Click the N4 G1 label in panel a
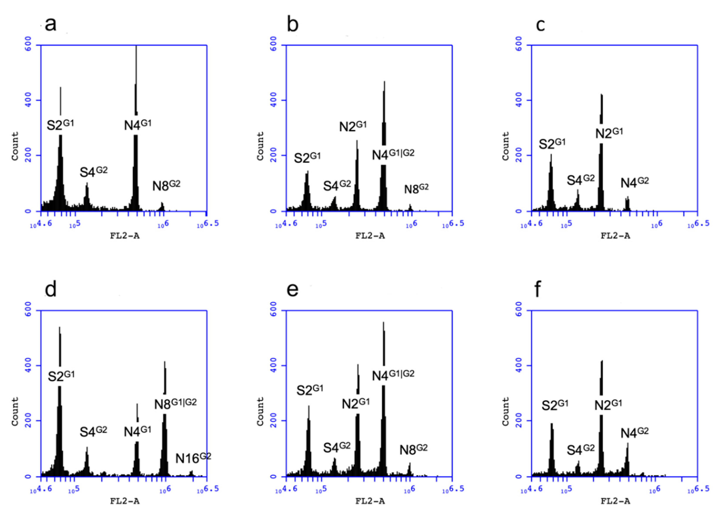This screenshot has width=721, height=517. [138, 125]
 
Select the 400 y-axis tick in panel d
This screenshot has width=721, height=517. [28, 365]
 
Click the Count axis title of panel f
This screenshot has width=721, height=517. [505, 411]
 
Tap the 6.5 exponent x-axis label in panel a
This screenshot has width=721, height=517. [211, 223]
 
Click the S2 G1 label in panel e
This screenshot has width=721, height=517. [310, 390]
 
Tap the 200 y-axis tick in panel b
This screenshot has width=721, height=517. [273, 155]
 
